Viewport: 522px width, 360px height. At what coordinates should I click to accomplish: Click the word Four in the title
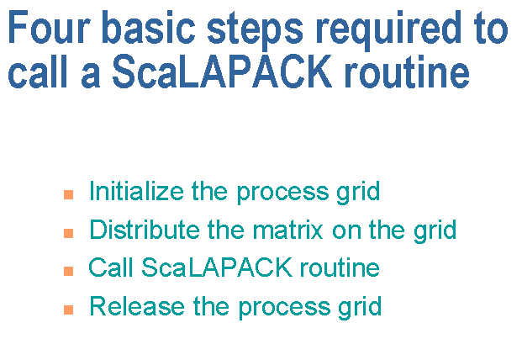[49, 27]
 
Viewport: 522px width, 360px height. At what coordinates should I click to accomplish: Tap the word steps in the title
[255, 30]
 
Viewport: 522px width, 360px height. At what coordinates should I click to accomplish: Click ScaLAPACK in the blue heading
[222, 71]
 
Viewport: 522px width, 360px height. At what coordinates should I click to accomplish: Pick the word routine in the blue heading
[407, 71]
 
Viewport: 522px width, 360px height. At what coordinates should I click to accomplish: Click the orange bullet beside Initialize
[69, 195]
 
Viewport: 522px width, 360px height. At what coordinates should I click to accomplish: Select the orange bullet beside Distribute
[69, 233]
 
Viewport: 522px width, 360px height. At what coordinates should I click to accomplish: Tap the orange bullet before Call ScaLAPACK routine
[69, 271]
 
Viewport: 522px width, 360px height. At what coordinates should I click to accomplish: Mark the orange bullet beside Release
[69, 310]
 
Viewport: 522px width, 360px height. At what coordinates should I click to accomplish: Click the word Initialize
[136, 191]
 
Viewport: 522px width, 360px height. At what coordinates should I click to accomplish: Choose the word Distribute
[145, 229]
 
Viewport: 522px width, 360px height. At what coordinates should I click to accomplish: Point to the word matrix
[287, 229]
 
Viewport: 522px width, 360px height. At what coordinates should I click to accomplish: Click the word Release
[137, 306]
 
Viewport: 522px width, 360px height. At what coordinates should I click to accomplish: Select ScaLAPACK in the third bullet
[217, 267]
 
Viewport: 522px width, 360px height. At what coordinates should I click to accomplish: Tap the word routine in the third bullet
[340, 267]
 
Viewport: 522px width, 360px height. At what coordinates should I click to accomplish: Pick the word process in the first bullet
[282, 193]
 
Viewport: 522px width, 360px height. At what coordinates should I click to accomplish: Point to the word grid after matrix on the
[435, 230]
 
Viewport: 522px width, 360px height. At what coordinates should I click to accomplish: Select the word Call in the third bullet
[111, 267]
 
